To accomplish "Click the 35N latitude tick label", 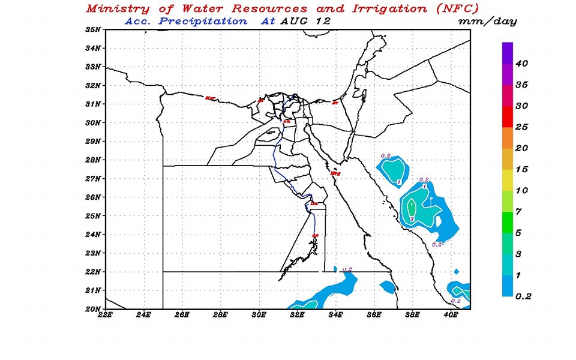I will (94, 29).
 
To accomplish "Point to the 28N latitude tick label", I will (94, 160).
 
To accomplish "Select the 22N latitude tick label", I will (94, 272).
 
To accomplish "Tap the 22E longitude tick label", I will (105, 314).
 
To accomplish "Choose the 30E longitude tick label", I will (259, 314).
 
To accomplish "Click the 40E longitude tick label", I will (451, 314).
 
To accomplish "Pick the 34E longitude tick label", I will (335, 314).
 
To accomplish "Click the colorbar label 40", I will (521, 63).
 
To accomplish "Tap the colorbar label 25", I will (521, 127).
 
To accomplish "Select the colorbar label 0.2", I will (523, 296).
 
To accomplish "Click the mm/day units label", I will (487, 21).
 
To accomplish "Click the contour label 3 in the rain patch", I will (412, 220).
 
